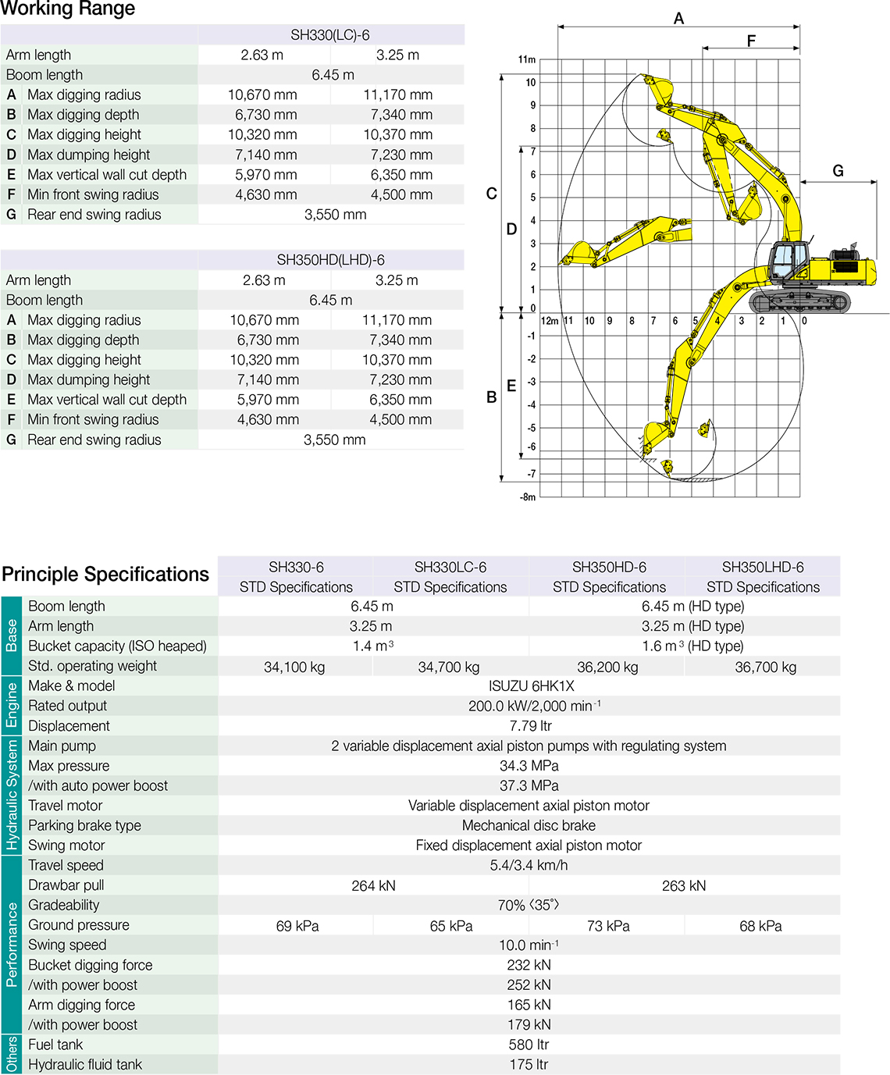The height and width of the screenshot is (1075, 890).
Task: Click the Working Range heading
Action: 68,9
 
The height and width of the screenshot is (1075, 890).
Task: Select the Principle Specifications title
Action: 105,575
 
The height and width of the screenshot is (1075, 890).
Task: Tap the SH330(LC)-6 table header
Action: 330,35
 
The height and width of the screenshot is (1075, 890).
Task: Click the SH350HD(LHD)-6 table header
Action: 330,260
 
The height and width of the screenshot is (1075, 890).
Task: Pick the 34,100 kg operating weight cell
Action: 294,667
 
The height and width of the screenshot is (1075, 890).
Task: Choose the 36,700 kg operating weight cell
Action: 765,667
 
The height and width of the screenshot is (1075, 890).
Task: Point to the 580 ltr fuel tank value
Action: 529,1045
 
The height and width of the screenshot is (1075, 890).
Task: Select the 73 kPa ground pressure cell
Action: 608,926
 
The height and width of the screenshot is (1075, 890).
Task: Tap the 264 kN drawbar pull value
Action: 373,886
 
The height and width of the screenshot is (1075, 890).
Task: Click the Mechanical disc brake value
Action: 529,826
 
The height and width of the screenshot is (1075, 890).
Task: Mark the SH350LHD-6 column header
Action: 763,568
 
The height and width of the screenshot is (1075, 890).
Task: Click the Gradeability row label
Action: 64,906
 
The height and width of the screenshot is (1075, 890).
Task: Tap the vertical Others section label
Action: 11,1054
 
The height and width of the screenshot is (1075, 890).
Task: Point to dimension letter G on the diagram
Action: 838,171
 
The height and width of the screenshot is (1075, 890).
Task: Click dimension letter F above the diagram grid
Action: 751,41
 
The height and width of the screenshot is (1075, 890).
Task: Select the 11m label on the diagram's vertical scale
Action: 527,59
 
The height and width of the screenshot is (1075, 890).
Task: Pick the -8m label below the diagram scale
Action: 528,497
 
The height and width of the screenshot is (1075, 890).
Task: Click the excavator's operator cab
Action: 789,261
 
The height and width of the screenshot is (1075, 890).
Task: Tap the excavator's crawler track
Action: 799,301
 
